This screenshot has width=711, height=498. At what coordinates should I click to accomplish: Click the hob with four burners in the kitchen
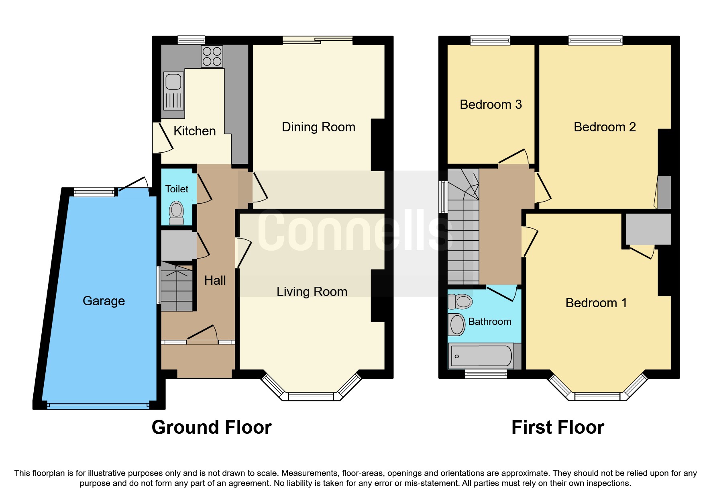212,57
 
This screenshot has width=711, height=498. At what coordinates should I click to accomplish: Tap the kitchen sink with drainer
173,91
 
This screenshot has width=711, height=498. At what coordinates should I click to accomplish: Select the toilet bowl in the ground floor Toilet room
176,213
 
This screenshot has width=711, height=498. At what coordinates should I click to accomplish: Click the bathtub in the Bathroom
481,356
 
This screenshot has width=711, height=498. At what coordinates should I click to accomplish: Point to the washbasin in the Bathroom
456,325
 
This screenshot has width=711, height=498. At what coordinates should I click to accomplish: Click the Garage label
104,301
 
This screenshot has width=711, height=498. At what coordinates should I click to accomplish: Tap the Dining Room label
318,127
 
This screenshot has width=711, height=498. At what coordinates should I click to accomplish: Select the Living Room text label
312,292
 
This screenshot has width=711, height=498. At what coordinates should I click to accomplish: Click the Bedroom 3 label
491,104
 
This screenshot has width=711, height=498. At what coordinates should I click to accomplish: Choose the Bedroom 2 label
605,127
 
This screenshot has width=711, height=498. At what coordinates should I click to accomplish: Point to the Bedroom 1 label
596,303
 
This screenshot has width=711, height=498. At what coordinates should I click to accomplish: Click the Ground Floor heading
212,427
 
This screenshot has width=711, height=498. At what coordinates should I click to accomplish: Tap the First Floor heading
558,427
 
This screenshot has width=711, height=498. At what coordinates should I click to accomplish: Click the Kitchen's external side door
163,138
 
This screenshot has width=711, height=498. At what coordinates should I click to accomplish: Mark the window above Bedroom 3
490,40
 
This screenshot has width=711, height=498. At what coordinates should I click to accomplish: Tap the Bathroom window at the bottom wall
486,374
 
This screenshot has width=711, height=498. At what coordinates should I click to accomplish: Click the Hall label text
215,280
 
